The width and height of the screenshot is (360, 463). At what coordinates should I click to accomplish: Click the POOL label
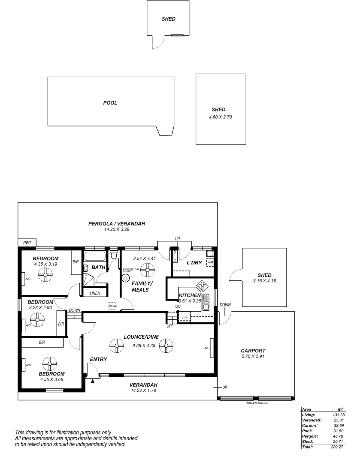point(110,103)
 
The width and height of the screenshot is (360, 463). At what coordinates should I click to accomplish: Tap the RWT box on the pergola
point(27,243)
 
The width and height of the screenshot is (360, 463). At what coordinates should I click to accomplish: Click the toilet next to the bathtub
point(114,256)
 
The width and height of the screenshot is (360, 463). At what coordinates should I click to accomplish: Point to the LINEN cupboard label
point(95,293)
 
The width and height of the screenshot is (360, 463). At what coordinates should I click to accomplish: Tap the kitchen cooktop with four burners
point(202,285)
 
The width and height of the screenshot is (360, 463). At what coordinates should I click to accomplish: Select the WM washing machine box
point(210,262)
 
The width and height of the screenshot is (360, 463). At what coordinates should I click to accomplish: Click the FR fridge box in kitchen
point(185,318)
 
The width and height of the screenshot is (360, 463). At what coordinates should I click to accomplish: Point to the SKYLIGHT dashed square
point(112,306)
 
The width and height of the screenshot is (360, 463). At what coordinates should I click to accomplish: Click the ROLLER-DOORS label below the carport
point(257,403)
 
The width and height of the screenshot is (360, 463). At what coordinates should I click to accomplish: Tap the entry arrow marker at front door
point(93,380)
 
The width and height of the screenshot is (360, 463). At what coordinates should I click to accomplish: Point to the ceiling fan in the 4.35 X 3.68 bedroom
point(50,364)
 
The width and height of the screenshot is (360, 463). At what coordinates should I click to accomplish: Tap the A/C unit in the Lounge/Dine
point(207,348)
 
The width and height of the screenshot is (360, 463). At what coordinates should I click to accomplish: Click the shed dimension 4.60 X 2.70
point(220,117)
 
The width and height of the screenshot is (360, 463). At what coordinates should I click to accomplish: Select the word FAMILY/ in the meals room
point(142,283)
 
